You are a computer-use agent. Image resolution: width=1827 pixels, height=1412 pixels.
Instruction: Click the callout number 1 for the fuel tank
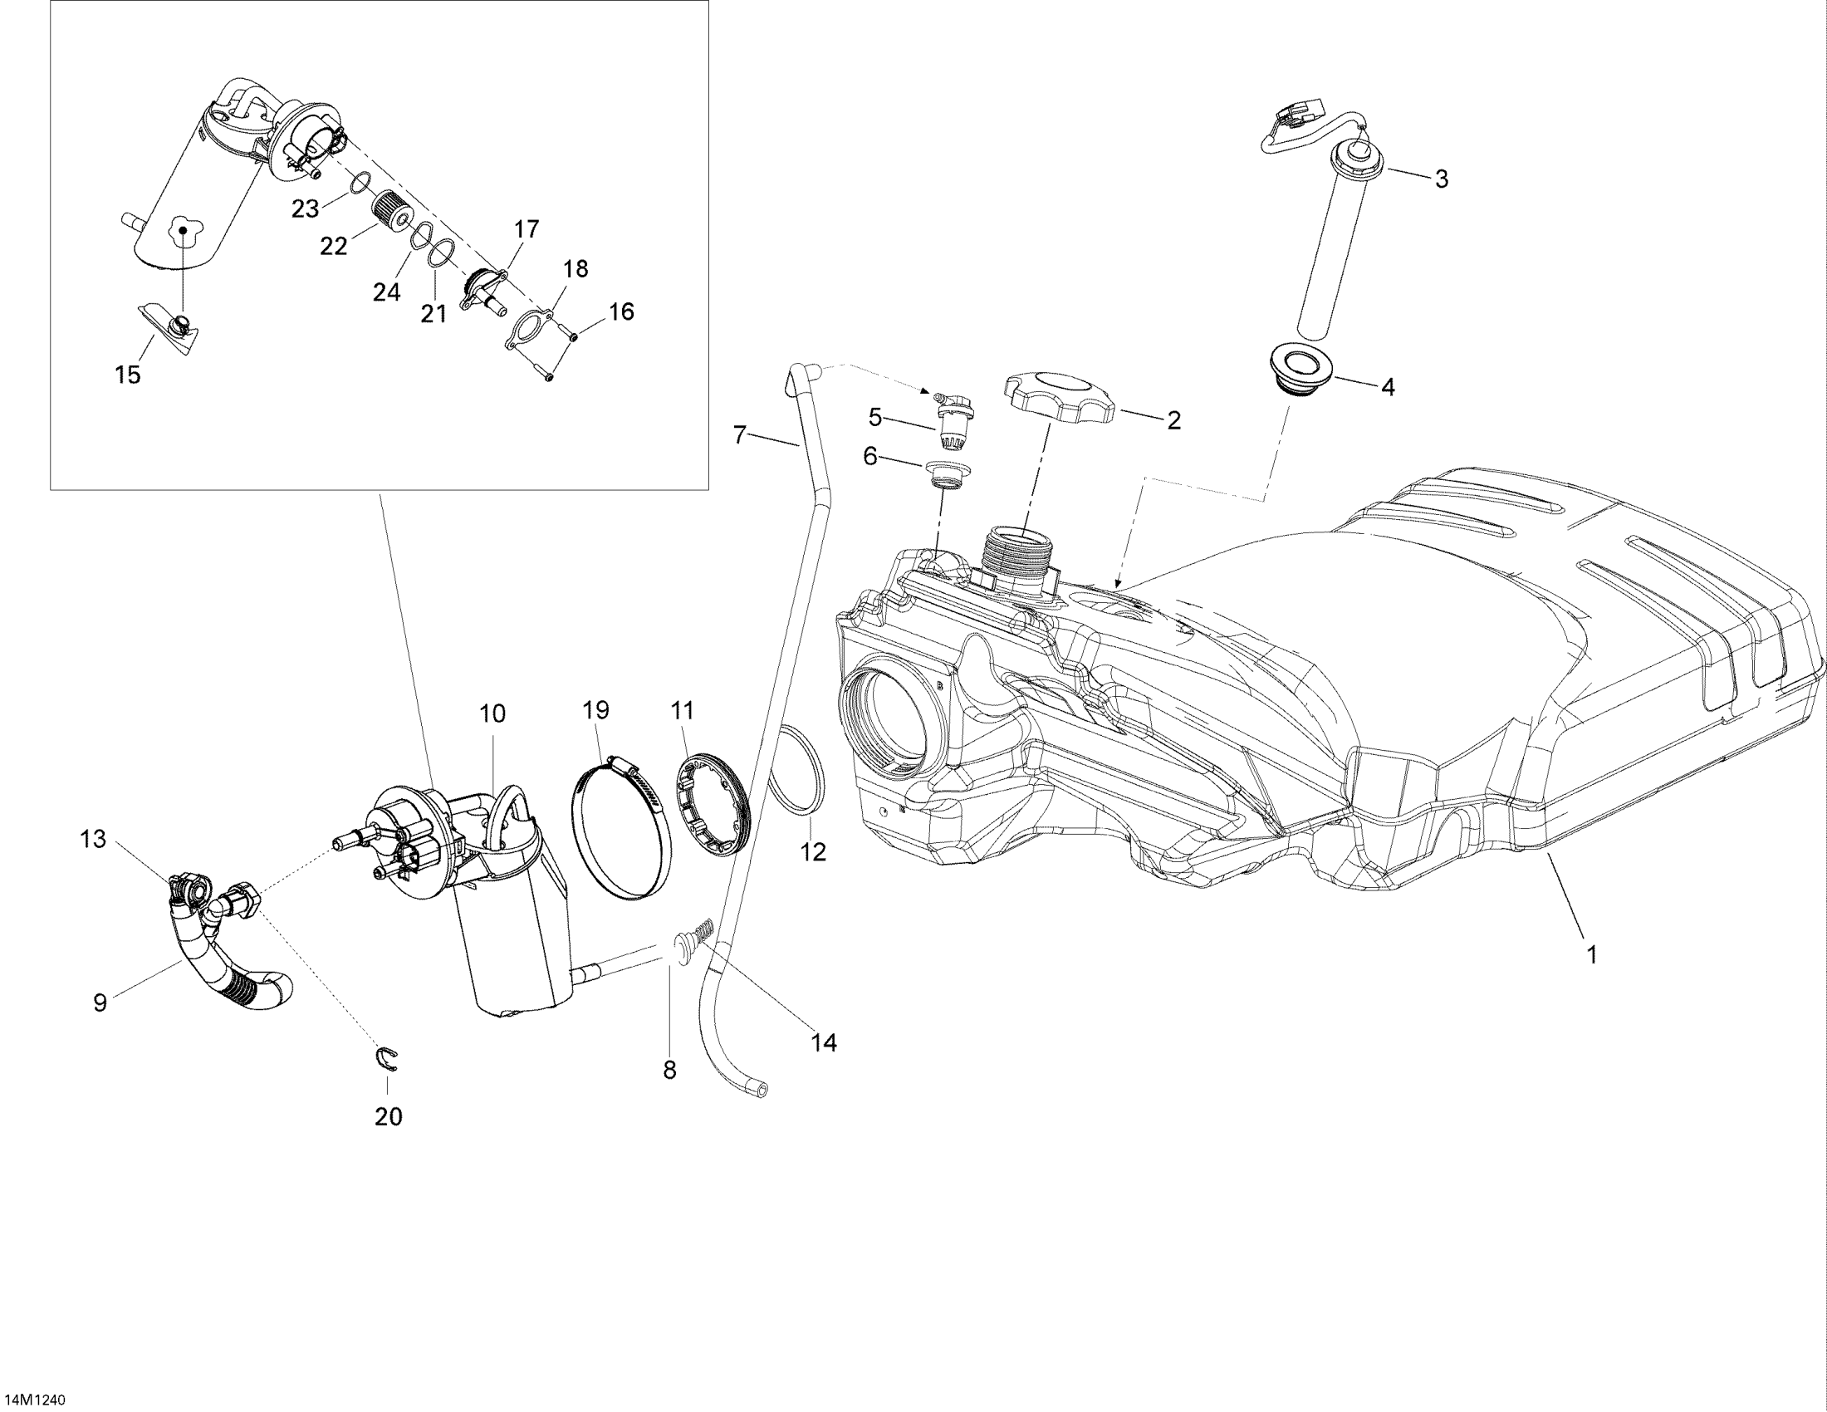(1593, 954)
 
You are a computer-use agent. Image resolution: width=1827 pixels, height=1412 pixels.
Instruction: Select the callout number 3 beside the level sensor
(1442, 179)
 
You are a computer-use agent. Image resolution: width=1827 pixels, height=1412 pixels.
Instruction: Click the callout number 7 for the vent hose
(739, 435)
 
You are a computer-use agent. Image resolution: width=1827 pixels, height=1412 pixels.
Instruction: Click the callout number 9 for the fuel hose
(100, 1003)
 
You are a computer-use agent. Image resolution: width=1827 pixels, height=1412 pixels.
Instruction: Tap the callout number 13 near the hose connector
(93, 839)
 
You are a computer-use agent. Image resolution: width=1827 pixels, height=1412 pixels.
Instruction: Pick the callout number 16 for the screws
(620, 312)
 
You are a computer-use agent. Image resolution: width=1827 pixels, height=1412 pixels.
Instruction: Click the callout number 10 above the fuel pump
(492, 713)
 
